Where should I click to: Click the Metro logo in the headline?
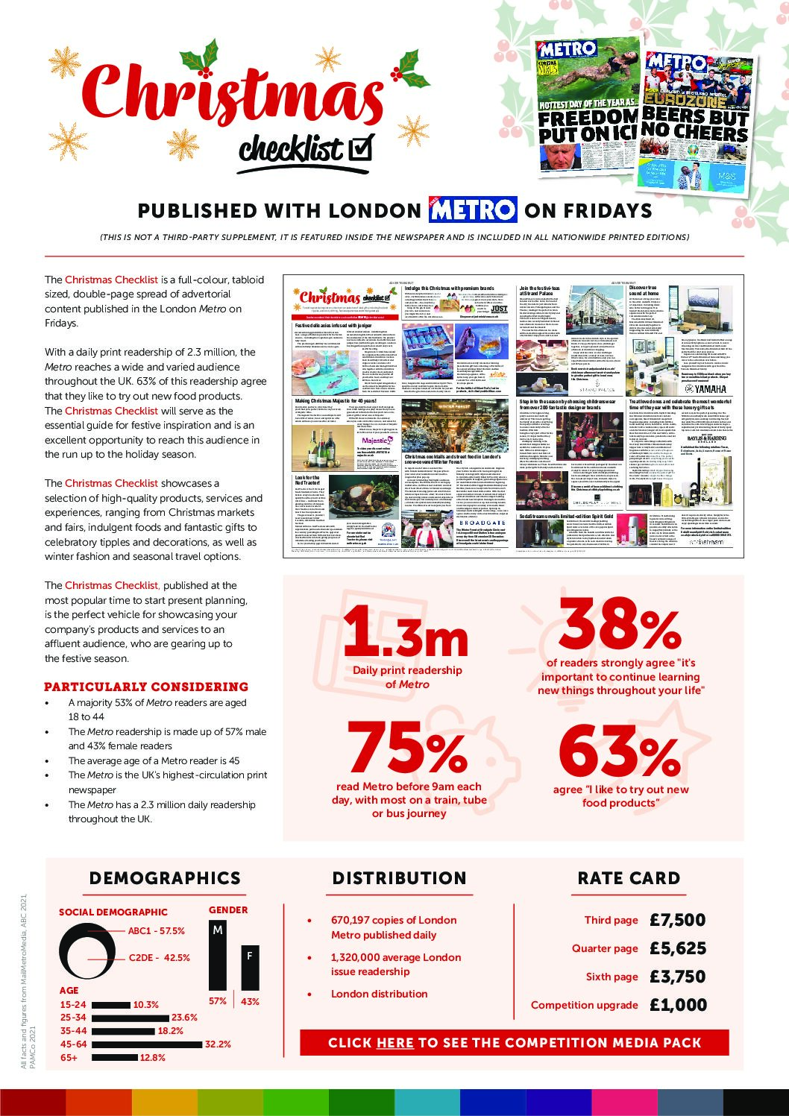coord(473,210)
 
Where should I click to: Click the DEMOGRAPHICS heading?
coord(165,878)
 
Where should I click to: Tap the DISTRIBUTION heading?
coord(399,878)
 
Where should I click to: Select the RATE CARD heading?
coord(629,878)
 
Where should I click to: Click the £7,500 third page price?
coord(677,920)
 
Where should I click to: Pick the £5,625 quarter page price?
coord(677,948)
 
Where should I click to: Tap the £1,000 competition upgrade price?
coord(678,1005)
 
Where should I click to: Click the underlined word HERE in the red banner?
coord(395,1042)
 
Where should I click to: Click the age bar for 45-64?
coord(146,1044)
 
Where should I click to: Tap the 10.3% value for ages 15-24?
coord(146,1004)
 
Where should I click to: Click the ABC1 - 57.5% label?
coord(157,930)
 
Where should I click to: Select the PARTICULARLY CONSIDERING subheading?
coord(146,687)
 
